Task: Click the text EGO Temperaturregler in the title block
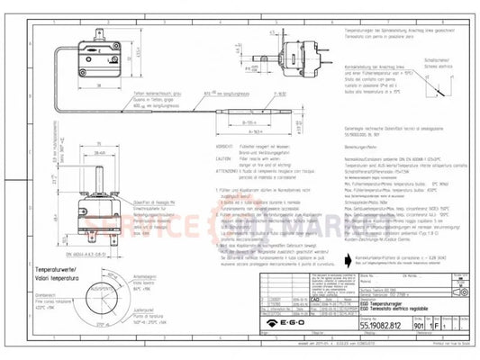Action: tap(320, 307)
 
